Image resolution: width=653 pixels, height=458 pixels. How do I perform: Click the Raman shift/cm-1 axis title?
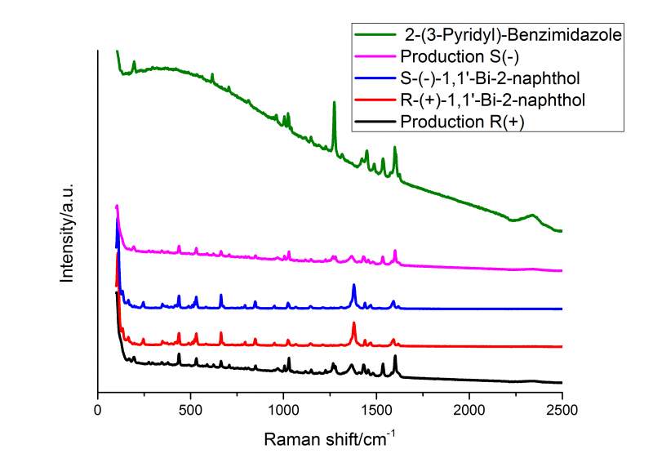[x=329, y=438]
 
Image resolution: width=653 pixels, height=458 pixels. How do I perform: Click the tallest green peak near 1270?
[x=334, y=103]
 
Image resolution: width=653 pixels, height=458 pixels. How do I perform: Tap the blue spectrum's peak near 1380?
[x=353, y=285]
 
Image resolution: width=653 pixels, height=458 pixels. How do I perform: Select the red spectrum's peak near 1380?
[x=353, y=323]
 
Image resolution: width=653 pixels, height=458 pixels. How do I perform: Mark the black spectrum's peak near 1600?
[x=395, y=357]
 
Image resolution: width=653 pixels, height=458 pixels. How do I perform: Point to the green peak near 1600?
[x=395, y=148]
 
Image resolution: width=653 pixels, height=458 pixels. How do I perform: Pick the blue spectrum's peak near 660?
[x=220, y=295]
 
